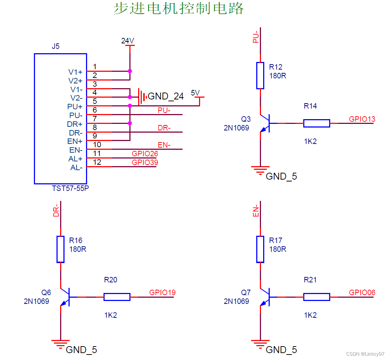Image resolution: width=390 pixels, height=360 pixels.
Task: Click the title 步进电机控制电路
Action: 178,8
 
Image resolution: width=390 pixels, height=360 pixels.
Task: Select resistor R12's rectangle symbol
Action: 260,75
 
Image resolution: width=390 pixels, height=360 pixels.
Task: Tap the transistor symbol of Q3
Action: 265,124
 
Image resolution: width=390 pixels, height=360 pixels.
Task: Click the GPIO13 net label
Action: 362,119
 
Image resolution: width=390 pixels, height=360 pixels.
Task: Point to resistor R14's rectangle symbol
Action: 316,124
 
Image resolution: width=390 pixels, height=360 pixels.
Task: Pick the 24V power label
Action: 128,41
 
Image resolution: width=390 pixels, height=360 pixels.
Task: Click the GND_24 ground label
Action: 165,97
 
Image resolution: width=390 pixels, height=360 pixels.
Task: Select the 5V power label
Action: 196,93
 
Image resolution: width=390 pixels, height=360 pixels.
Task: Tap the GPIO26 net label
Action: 145,154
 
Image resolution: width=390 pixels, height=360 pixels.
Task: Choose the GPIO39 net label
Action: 145,163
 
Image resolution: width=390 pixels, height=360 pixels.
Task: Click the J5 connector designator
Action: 56,47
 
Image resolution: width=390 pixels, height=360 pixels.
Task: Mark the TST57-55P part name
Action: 70,189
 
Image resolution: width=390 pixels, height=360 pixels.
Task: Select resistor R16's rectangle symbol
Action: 61,249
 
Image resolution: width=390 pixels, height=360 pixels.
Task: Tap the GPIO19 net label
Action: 162,293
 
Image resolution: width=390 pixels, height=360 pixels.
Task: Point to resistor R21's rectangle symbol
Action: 316,297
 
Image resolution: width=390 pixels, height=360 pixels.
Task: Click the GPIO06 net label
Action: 362,293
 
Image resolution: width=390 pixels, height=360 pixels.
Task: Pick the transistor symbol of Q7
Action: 265,297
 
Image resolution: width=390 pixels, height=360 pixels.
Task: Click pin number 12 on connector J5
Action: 97,162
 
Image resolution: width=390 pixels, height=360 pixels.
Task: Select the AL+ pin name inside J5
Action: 75,159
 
